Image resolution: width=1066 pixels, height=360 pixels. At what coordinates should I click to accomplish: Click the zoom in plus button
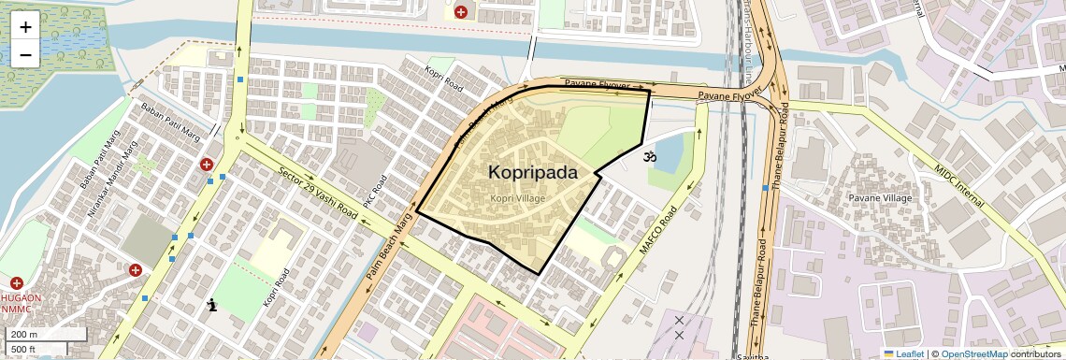click(25, 26)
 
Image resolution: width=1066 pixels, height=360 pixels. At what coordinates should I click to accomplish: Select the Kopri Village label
click(517, 198)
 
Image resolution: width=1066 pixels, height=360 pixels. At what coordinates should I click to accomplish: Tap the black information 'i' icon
click(212, 304)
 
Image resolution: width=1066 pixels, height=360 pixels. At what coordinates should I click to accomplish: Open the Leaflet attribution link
click(903, 353)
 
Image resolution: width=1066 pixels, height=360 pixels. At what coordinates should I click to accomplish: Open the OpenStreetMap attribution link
click(973, 353)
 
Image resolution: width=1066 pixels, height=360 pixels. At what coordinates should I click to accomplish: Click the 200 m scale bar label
click(23, 335)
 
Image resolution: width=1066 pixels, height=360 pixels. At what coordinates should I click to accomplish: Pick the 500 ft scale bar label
click(23, 349)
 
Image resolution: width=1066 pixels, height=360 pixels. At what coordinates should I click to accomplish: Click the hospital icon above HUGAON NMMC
click(16, 282)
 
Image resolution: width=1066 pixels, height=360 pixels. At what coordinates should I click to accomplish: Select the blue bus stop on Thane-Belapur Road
click(765, 188)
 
